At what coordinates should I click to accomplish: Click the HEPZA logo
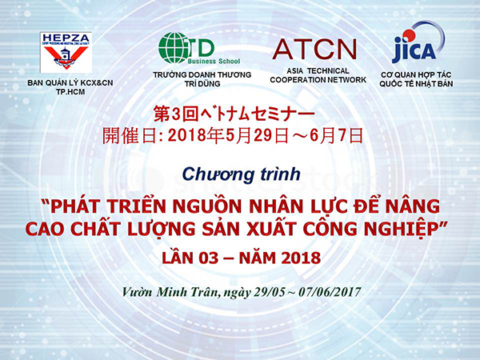[x=66, y=52]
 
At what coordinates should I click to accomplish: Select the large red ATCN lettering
[x=314, y=49]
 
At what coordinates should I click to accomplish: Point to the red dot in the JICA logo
[x=408, y=34]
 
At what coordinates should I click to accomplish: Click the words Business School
[x=214, y=62]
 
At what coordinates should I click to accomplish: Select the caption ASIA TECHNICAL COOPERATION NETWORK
[x=318, y=75]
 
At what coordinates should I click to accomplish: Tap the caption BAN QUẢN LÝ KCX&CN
[x=70, y=83]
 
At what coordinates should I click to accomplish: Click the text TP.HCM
[x=70, y=92]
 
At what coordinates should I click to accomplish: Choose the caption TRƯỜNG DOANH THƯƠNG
[x=202, y=74]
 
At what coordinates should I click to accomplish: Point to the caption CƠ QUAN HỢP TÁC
[x=416, y=75]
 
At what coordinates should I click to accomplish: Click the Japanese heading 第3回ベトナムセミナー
[x=234, y=114]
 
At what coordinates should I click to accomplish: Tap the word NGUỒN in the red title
[x=207, y=206]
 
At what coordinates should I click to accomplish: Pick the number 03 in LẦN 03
[x=209, y=258]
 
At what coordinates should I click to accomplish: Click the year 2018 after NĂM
[x=301, y=258]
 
